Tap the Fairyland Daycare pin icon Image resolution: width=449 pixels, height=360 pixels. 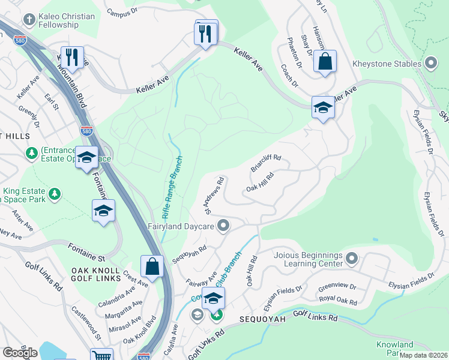point(223,226)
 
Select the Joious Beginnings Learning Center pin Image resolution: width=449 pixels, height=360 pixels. point(352,259)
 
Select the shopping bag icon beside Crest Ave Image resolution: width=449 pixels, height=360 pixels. point(152,266)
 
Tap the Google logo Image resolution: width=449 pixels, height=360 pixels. point(20,353)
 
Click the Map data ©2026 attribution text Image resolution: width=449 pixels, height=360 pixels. point(423,355)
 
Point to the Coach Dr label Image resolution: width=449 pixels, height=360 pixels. point(289,76)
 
